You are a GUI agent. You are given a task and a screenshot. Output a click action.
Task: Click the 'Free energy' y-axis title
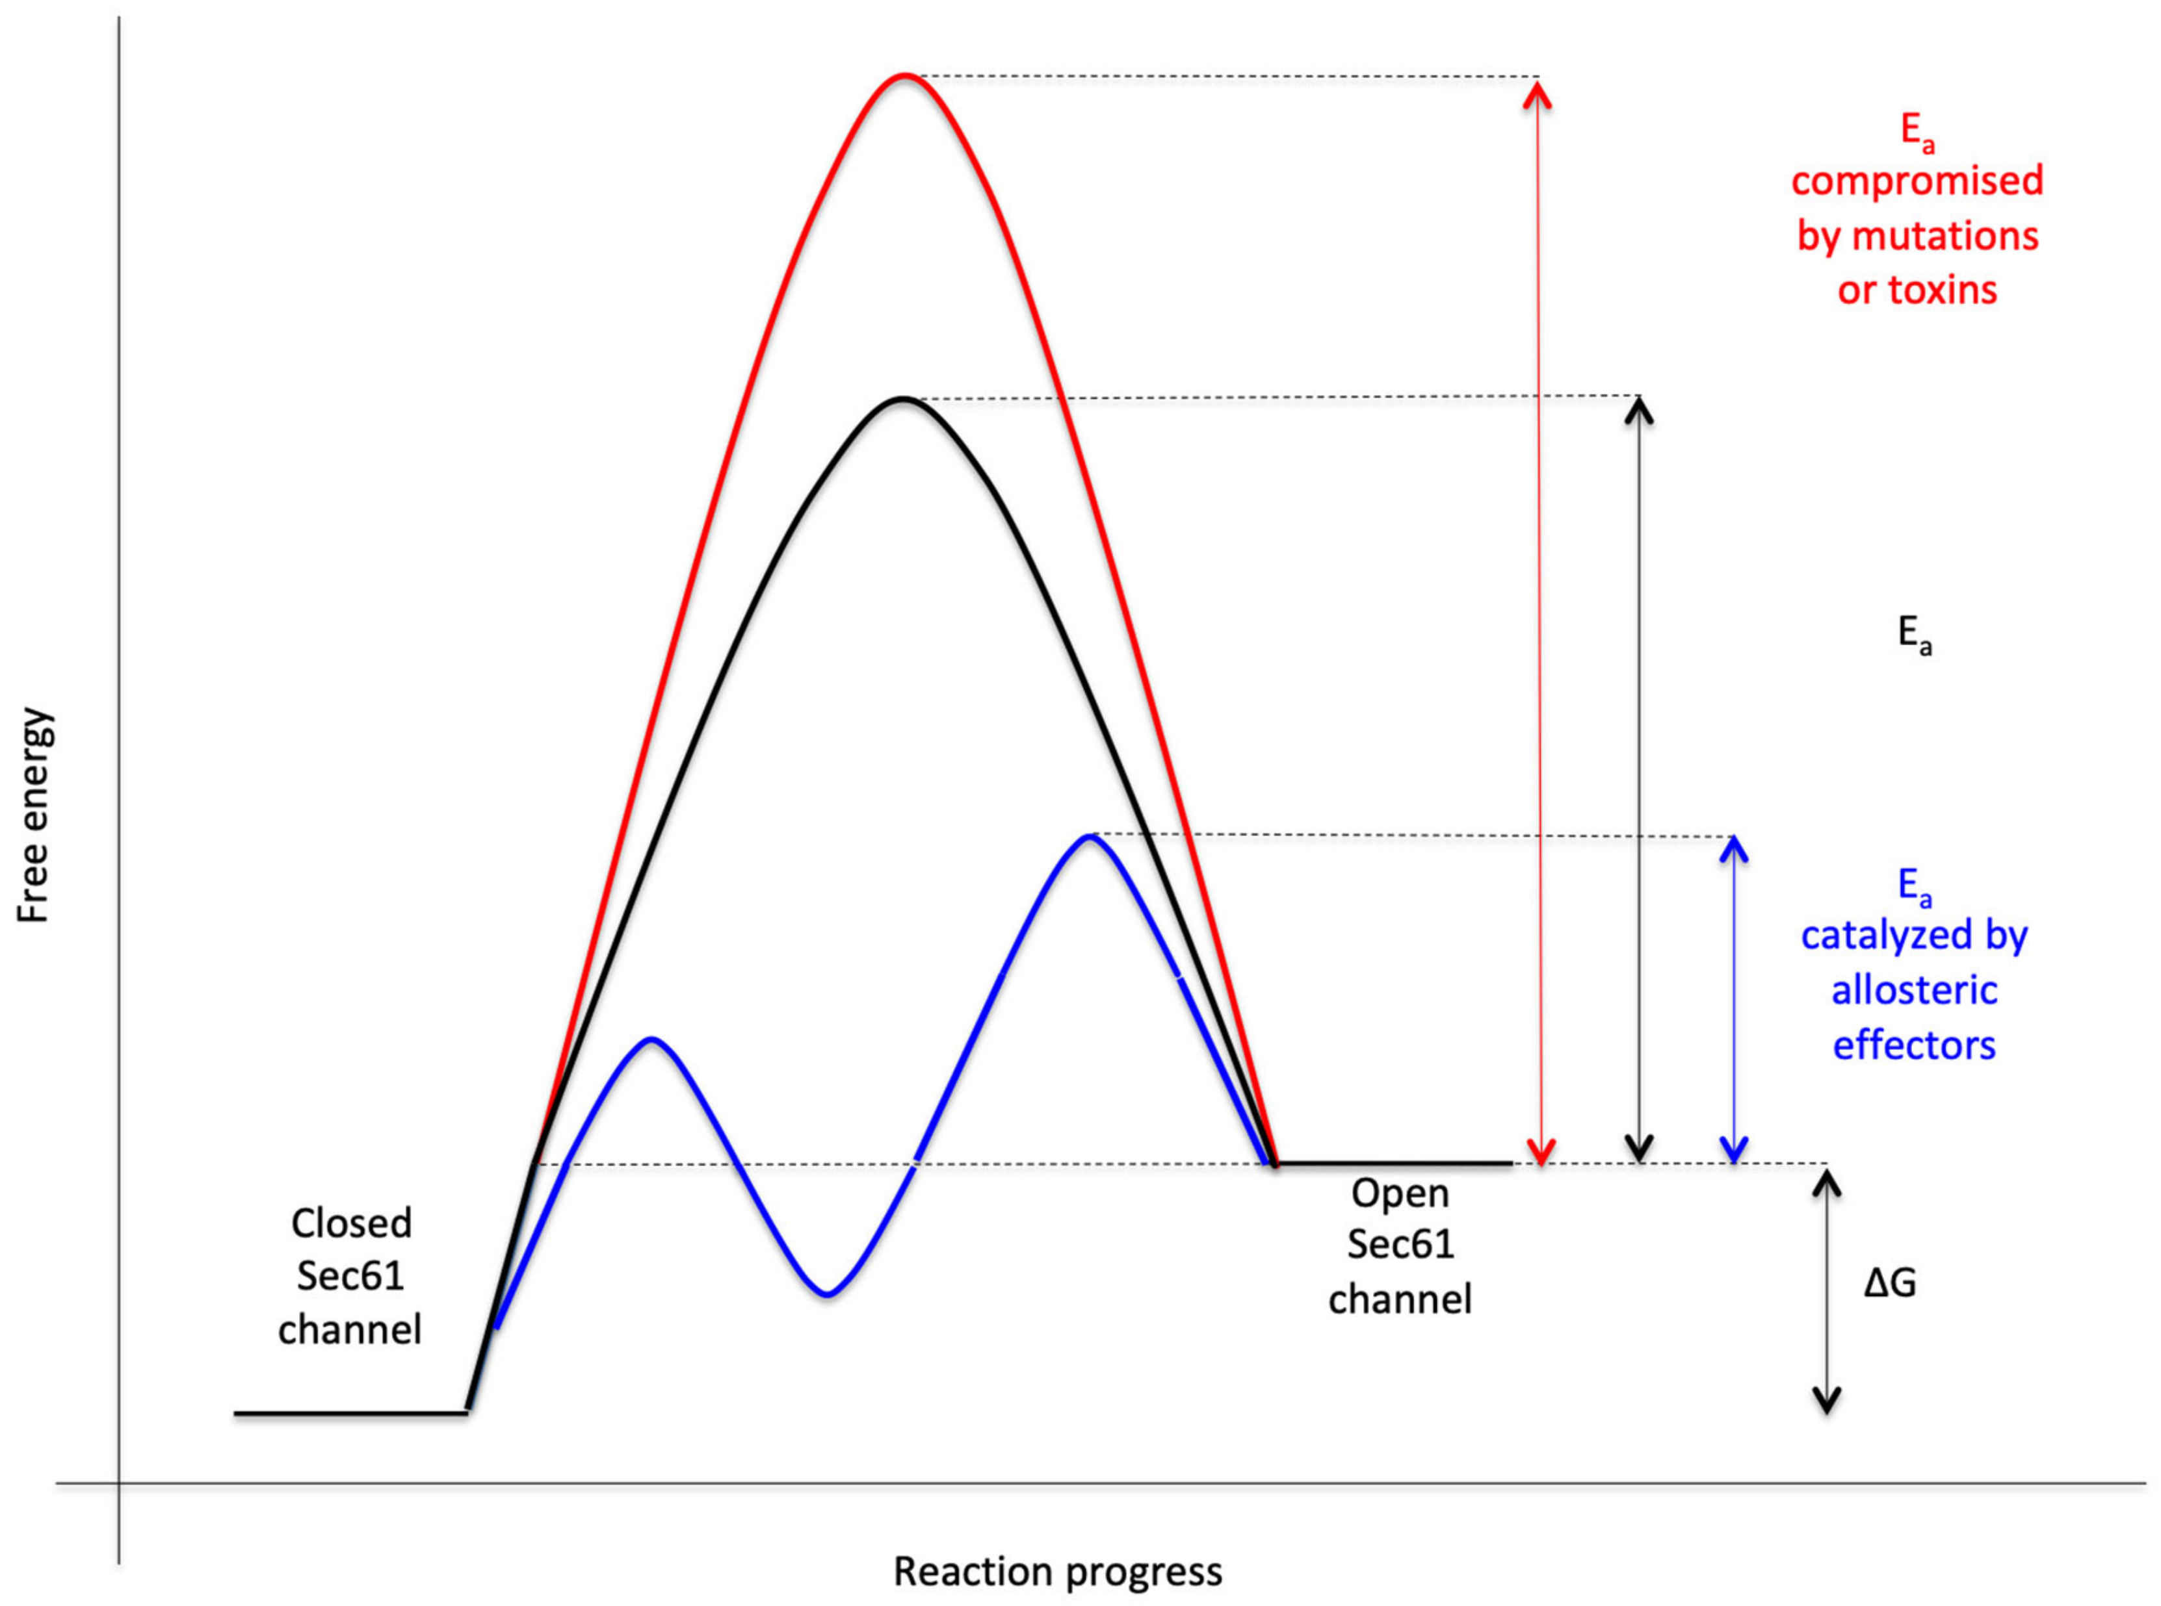point(33,815)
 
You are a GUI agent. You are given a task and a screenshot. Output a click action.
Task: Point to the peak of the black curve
point(902,399)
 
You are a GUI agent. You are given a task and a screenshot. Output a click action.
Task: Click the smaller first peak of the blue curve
point(651,1039)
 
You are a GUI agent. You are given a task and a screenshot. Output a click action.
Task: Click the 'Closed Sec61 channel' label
point(350,1275)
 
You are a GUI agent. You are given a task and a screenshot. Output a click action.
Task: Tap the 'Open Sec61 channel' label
point(1400,1245)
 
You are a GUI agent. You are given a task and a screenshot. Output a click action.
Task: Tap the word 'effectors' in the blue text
point(1914,1045)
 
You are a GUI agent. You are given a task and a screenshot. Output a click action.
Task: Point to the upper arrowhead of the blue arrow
point(1734,848)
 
